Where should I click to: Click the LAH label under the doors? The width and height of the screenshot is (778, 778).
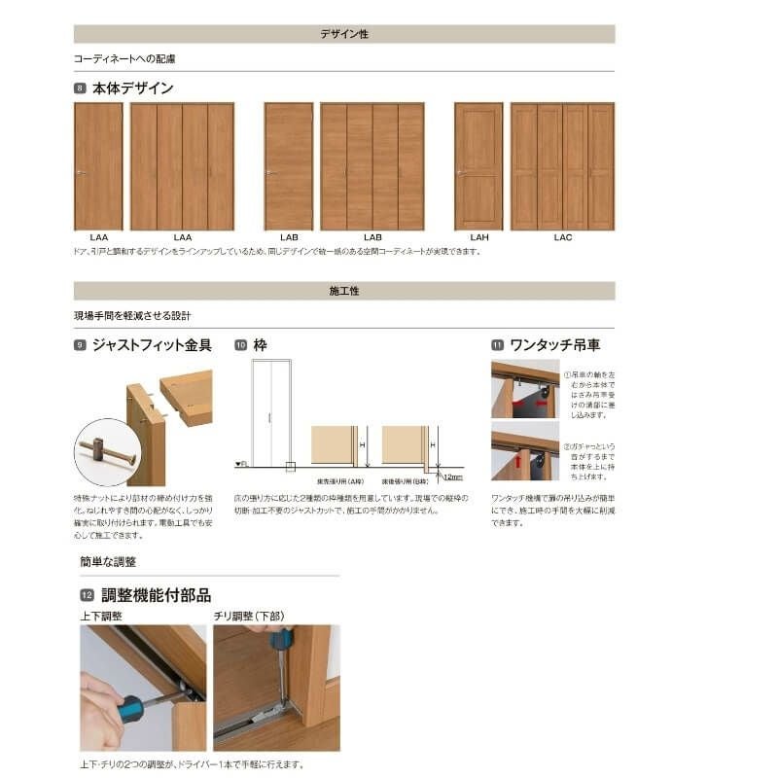click(x=478, y=237)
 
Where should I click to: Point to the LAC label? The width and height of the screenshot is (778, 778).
click(x=562, y=237)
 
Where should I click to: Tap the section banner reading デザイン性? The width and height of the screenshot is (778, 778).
click(x=344, y=34)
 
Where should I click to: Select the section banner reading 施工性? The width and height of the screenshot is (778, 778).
click(x=344, y=291)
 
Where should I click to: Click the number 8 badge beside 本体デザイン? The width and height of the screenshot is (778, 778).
click(x=80, y=88)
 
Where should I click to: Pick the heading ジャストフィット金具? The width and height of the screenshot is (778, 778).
click(x=151, y=345)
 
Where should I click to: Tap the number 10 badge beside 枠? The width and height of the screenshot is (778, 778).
click(x=240, y=345)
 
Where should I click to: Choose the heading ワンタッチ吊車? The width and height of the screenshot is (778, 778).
click(x=555, y=345)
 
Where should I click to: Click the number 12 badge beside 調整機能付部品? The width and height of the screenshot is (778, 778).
click(x=86, y=595)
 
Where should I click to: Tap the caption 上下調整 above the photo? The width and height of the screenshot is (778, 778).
click(x=101, y=616)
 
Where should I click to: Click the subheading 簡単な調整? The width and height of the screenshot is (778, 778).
click(x=108, y=562)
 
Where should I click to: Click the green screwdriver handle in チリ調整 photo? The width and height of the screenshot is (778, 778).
click(x=281, y=639)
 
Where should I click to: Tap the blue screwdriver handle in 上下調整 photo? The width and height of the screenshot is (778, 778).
click(x=129, y=707)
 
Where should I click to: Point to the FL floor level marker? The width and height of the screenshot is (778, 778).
click(x=240, y=464)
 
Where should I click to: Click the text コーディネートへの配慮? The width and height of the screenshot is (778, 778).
click(x=124, y=58)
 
